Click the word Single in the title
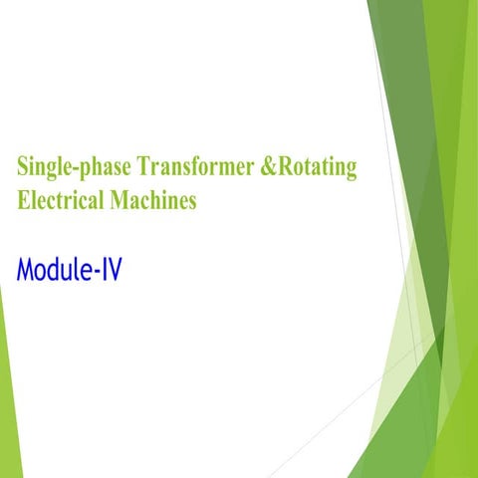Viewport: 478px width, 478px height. (43, 168)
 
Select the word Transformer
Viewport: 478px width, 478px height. (191, 167)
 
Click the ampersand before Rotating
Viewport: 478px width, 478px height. (267, 167)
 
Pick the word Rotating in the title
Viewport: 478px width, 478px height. (316, 168)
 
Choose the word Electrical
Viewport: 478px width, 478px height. (64, 199)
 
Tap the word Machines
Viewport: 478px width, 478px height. (156, 199)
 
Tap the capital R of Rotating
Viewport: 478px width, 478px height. (286, 166)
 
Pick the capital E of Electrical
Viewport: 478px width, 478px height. (22, 199)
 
